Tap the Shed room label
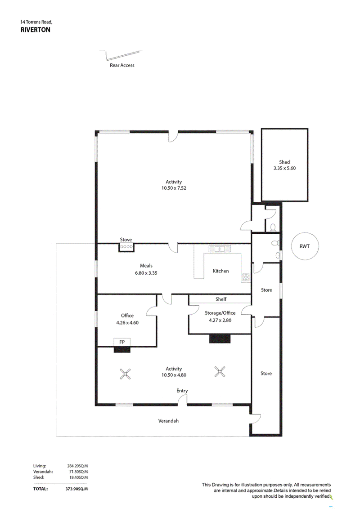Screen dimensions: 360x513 284,162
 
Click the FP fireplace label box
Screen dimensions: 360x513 122,342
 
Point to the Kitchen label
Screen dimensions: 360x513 221,271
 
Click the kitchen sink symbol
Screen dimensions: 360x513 220,249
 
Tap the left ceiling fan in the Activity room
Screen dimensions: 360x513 125,374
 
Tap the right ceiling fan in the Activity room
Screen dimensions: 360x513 220,372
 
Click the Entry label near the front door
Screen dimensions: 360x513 182,391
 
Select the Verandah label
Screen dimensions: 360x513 168,421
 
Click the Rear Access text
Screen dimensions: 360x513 122,65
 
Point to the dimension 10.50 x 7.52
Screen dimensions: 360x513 174,188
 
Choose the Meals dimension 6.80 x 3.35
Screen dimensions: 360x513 146,273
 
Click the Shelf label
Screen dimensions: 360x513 221,299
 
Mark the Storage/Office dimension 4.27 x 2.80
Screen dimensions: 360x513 220,320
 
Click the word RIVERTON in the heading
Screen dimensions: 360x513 36,30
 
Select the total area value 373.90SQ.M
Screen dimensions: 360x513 76,489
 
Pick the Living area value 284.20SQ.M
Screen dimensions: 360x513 78,466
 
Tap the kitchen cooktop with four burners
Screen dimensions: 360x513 246,277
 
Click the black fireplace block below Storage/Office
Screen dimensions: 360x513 220,339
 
